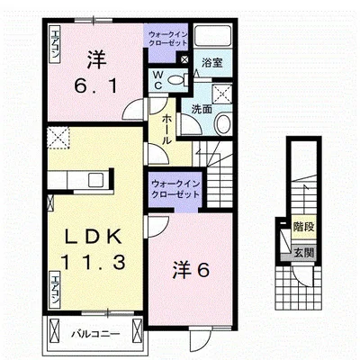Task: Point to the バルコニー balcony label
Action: click(93, 337)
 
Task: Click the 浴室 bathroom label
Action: click(211, 65)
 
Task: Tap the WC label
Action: click(157, 79)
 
